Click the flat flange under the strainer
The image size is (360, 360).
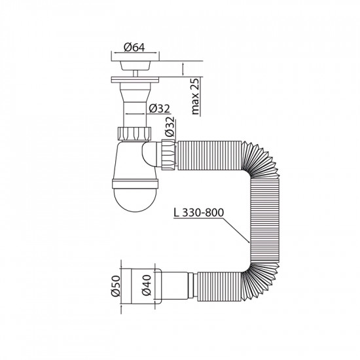(x=138, y=81)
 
